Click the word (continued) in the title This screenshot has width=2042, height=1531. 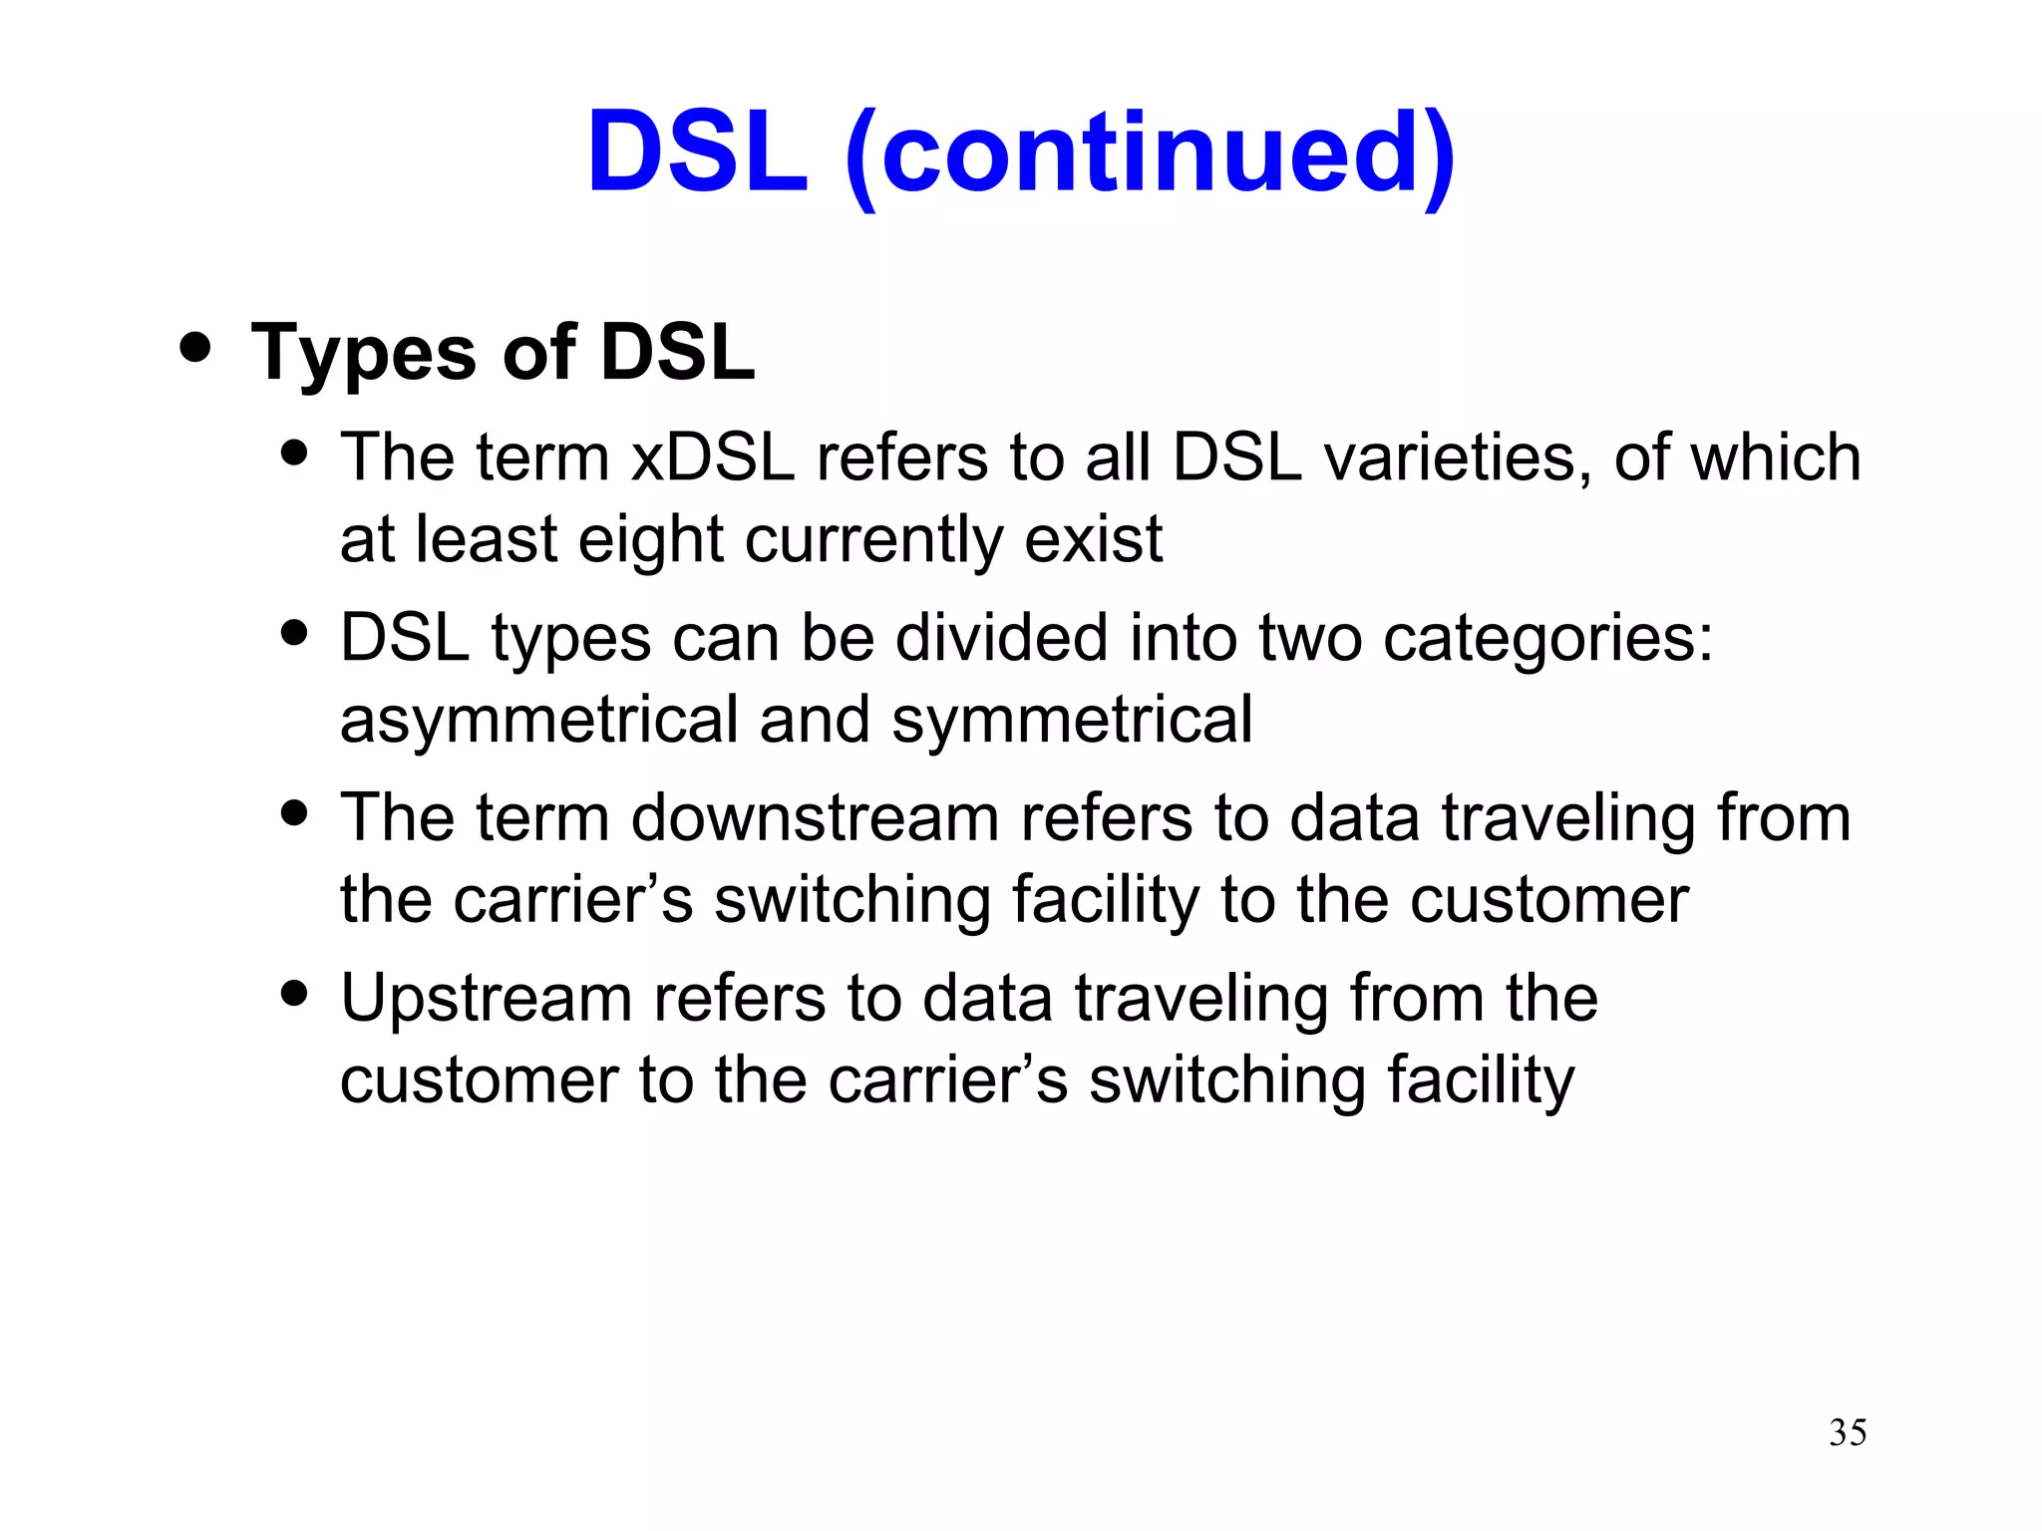click(x=1150, y=154)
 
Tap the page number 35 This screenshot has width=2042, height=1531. click(x=1848, y=1432)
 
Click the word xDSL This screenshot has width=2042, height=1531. click(x=713, y=458)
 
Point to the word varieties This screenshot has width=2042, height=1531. click(x=1451, y=458)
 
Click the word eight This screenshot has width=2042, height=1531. click(x=650, y=541)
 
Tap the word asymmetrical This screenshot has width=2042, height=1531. click(x=538, y=721)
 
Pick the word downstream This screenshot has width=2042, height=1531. click(x=816, y=818)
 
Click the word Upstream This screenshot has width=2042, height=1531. click(x=487, y=1000)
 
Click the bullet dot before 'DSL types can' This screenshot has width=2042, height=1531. click(x=294, y=632)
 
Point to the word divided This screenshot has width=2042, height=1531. click(x=1001, y=638)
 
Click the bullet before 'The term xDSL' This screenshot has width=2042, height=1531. click(x=294, y=453)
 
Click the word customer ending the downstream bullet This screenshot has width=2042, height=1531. click(x=1548, y=900)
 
